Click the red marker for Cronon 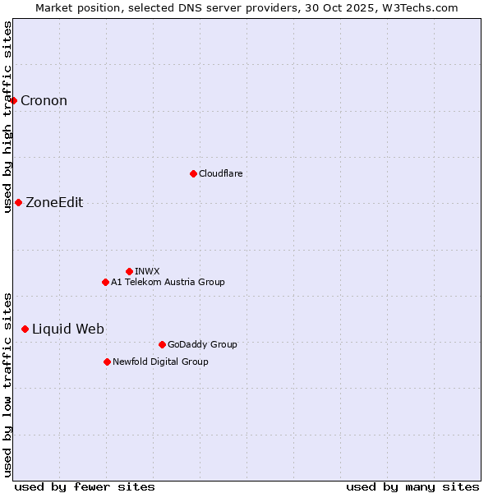coord(14,101)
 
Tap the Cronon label coord(44,101)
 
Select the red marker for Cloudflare coord(193,173)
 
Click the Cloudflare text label coord(220,173)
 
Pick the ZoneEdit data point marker coord(18,203)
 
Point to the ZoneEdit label coord(54,203)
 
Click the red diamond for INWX coord(129,271)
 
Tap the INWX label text coord(147,271)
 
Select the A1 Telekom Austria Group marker coord(105,282)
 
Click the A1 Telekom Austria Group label coord(168,282)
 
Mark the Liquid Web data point coord(25,329)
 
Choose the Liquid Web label coord(68,329)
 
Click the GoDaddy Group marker coord(162,344)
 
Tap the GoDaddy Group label coord(202,344)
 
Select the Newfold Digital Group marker coord(107,362)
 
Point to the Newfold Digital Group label coord(160,362)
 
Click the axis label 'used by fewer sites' coord(85,486)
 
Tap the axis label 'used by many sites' coord(412,486)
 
